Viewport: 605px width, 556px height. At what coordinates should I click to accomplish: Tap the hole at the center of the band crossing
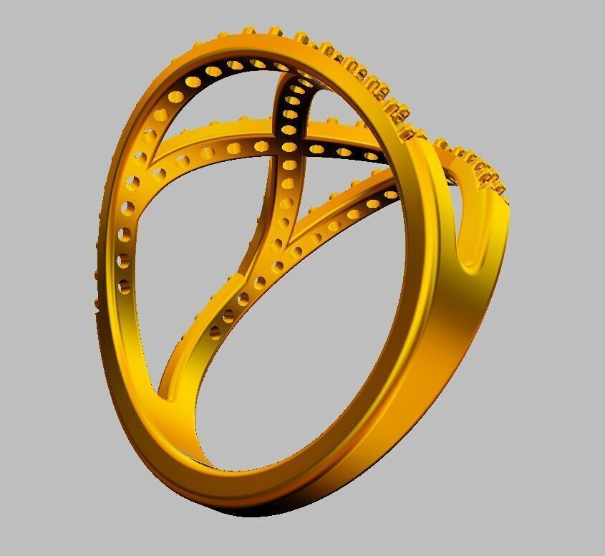[x=289, y=147]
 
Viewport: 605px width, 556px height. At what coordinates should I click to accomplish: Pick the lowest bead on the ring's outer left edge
[x=98, y=305]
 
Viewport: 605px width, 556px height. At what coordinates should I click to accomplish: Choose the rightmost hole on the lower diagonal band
[x=390, y=193]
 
